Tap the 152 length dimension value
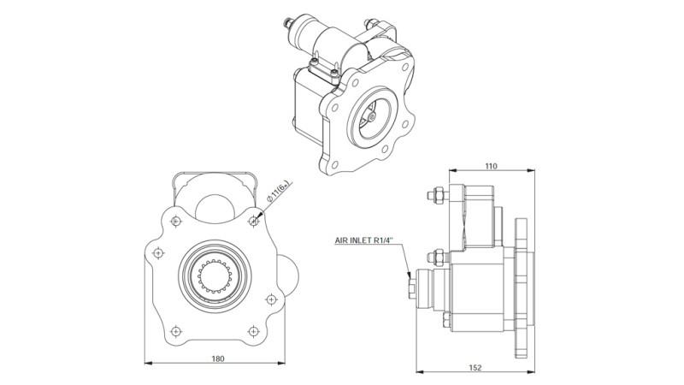coord(475,367)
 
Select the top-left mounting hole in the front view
coord(175,222)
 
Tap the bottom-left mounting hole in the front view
coord(175,330)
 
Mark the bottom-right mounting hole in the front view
coord(252,330)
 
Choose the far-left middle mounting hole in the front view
coord(157,253)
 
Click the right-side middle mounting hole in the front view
coord(271,299)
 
